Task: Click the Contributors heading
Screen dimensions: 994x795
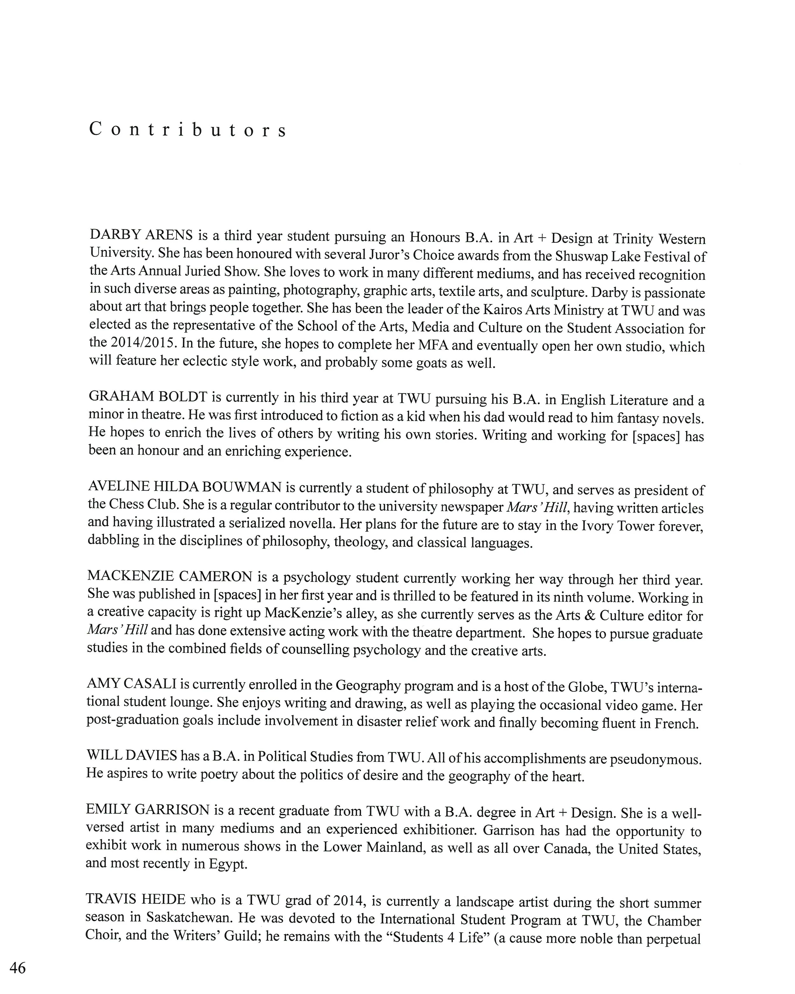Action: [188, 130]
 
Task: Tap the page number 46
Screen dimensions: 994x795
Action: [17, 968]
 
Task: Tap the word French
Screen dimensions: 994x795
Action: [676, 723]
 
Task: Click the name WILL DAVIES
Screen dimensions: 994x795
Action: [131, 755]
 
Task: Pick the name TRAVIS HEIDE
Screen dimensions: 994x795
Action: [135, 899]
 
